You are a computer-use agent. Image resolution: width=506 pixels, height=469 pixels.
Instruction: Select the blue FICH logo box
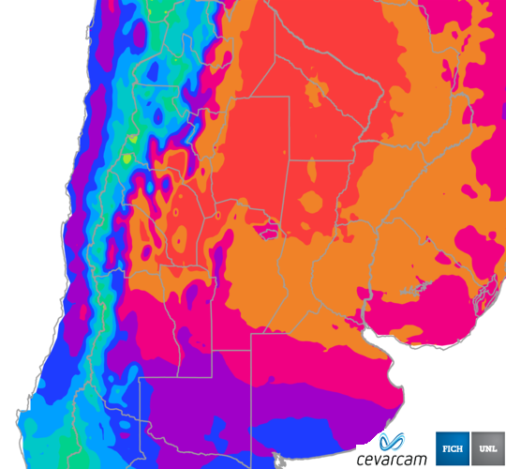tap(453, 447)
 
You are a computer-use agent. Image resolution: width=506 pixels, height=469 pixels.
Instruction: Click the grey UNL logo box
tap(487, 447)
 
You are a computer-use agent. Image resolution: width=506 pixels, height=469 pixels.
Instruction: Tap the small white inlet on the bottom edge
tap(277, 462)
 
